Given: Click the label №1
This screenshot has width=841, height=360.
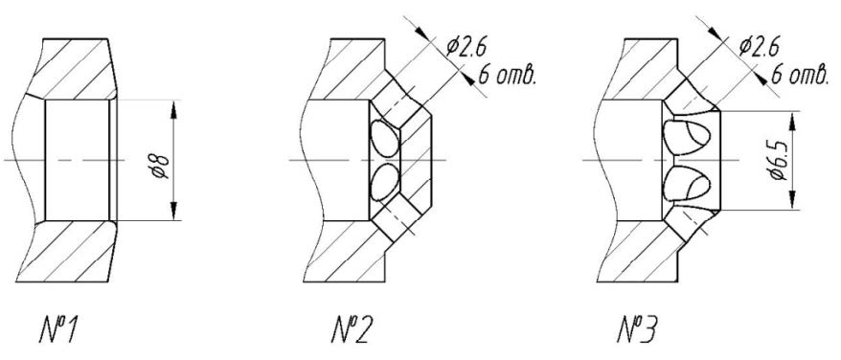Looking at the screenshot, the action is click(x=59, y=330).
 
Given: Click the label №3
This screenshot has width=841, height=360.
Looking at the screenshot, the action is click(x=638, y=330).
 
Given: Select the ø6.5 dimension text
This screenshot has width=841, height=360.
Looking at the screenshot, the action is click(x=778, y=161).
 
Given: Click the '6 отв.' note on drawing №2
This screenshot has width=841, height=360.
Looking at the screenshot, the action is click(x=507, y=75).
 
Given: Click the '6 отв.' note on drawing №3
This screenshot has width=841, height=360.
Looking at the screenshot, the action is click(x=799, y=75).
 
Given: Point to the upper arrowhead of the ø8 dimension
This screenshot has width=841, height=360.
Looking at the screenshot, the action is click(x=173, y=110).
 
